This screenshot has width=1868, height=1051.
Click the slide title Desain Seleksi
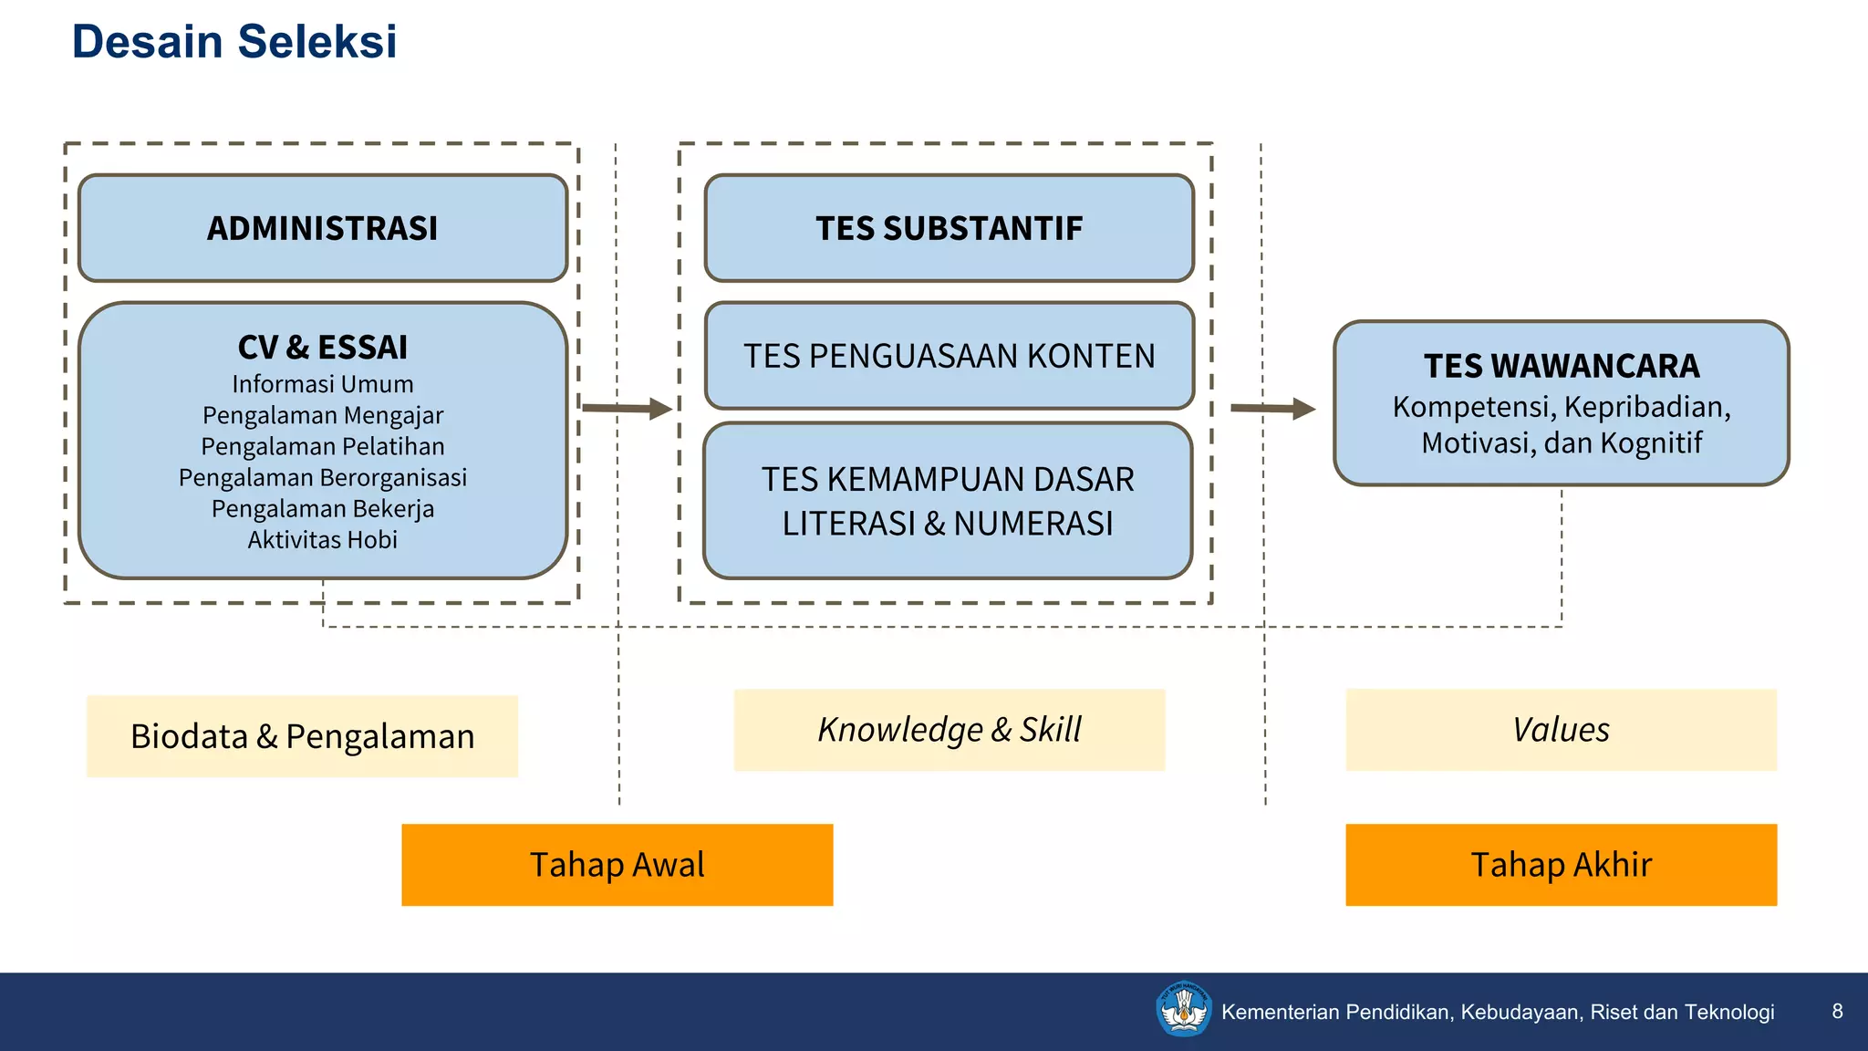tap(234, 42)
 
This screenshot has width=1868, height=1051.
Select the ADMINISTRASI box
tap(322, 228)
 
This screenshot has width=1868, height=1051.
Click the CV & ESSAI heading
tap(322, 348)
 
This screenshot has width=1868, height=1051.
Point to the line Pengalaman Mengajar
tap(322, 415)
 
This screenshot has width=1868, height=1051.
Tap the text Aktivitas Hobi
tap(322, 540)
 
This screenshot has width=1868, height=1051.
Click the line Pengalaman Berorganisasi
tap(322, 477)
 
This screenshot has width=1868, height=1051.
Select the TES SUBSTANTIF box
tap(949, 228)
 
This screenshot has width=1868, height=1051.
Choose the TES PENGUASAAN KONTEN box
tap(949, 356)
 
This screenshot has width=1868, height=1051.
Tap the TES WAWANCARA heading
tap(1562, 366)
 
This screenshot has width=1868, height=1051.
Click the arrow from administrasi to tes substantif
tap(628, 408)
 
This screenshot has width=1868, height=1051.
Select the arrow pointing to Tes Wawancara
tap(1272, 408)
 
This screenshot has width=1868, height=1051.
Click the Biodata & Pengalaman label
tap(302, 736)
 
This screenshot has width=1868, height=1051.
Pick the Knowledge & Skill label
tap(949, 730)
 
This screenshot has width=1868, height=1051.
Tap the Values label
tap(1561, 730)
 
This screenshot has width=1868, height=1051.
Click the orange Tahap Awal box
tap(617, 865)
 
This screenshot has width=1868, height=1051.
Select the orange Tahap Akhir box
tap(1561, 865)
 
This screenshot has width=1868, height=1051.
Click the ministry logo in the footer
tap(1183, 1009)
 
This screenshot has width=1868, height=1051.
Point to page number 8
tap(1837, 1011)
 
